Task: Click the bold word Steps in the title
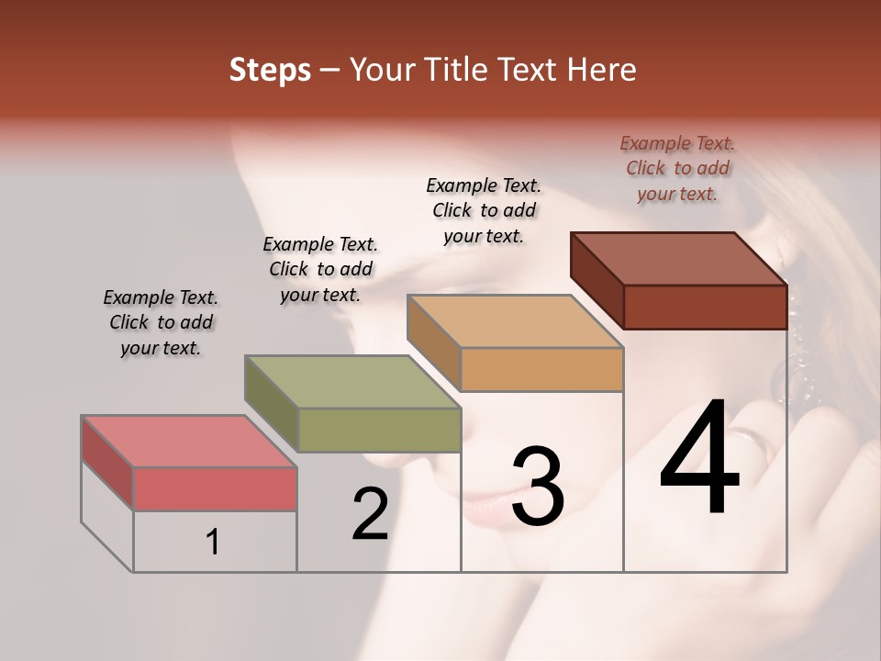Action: point(270,70)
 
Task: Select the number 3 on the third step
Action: point(537,487)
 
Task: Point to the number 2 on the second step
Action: point(370,514)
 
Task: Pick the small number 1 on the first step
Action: point(213,542)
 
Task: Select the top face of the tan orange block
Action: point(514,321)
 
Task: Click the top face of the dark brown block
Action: point(677,258)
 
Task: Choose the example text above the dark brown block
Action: point(677,168)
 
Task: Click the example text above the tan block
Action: point(484,210)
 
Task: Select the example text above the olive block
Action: point(320,269)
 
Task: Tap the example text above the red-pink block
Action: point(161,322)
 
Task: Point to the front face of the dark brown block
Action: point(705,307)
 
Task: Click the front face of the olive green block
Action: point(379,430)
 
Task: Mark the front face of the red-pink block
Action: point(215,488)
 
